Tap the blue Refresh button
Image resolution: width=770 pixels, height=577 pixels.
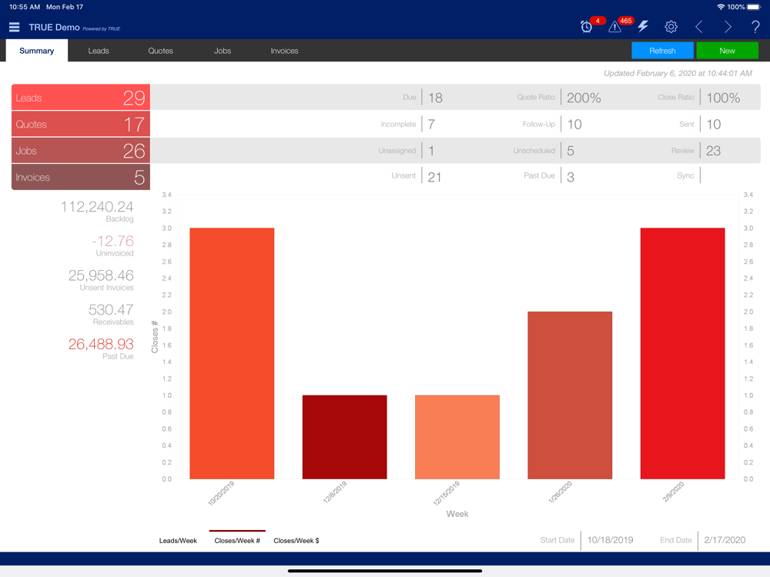pyautogui.click(x=662, y=51)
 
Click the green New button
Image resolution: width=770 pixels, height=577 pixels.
pyautogui.click(x=727, y=51)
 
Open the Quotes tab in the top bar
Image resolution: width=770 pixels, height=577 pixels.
pyautogui.click(x=161, y=51)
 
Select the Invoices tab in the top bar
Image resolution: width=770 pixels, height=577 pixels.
pyautogui.click(x=284, y=51)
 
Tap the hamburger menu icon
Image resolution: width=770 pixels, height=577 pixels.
pyautogui.click(x=14, y=27)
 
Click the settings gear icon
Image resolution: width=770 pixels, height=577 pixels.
pyautogui.click(x=671, y=27)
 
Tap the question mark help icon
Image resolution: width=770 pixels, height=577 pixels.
pyautogui.click(x=755, y=27)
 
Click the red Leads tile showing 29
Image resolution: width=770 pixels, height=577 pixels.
pyautogui.click(x=81, y=98)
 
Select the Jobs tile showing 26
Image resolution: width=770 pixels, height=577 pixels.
pyautogui.click(x=81, y=151)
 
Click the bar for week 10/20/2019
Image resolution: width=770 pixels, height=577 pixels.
pyautogui.click(x=232, y=354)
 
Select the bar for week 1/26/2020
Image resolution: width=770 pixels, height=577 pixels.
pyautogui.click(x=570, y=395)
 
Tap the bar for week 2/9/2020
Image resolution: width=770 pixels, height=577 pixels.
pyautogui.click(x=682, y=354)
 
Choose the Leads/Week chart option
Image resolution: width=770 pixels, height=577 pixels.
pyautogui.click(x=178, y=541)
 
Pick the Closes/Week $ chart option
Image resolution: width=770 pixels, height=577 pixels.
pyautogui.click(x=296, y=541)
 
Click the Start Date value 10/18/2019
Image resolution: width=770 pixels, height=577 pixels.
pyautogui.click(x=610, y=540)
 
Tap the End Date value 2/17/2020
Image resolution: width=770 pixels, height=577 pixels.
pyautogui.click(x=725, y=540)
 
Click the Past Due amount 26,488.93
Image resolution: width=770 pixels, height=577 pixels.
pyautogui.click(x=101, y=344)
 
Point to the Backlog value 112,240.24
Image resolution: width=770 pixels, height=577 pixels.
pyautogui.click(x=97, y=206)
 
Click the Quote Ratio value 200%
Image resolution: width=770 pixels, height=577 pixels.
pyautogui.click(x=584, y=98)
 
